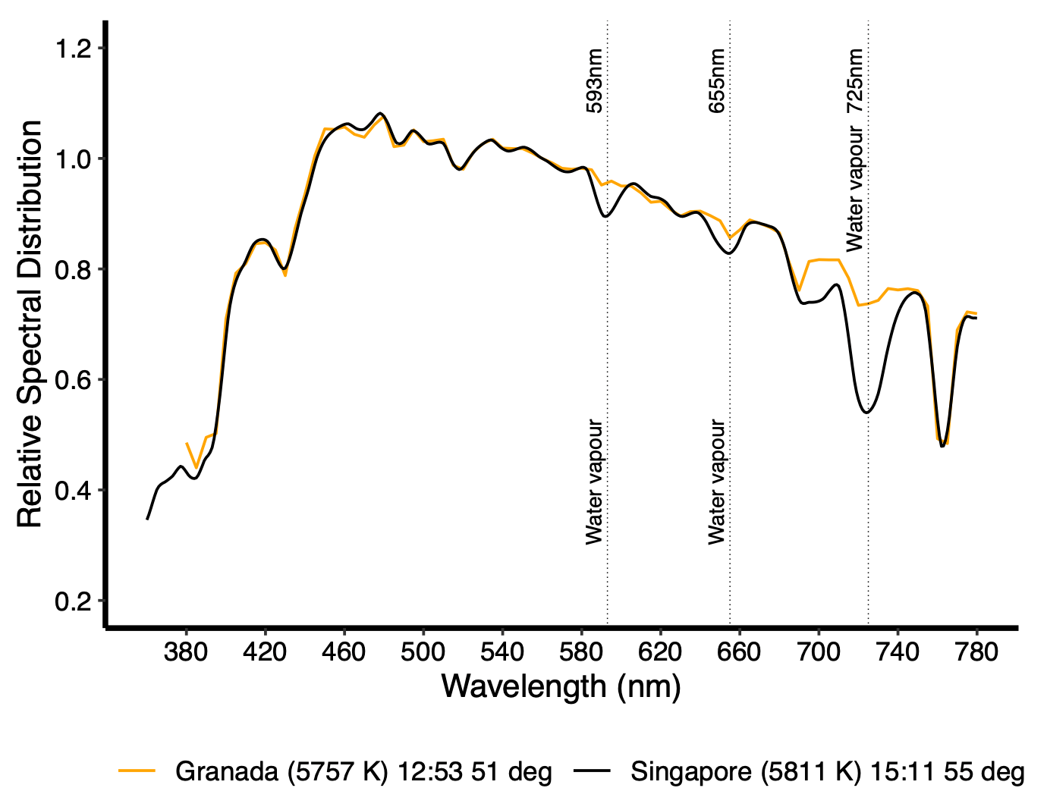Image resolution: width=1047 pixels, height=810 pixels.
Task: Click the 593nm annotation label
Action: tap(595, 81)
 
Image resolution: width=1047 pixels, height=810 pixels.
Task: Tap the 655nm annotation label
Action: tap(717, 81)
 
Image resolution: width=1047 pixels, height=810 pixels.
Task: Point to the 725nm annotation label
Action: tap(855, 81)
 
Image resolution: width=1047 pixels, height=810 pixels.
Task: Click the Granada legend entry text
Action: tap(363, 772)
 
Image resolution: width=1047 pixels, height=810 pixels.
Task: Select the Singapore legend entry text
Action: tap(828, 772)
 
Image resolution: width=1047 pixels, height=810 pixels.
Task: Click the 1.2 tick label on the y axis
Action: tap(74, 49)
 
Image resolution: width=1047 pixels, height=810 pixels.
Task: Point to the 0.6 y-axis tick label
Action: tap(74, 380)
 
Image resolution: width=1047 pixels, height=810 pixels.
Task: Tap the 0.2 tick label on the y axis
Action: tap(74, 601)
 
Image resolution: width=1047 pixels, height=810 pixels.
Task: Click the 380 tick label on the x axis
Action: tap(186, 651)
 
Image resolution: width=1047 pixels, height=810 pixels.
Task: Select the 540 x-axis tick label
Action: tap(502, 651)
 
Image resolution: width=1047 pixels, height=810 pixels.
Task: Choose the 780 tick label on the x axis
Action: tap(976, 651)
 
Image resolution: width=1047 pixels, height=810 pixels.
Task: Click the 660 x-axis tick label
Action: tap(740, 651)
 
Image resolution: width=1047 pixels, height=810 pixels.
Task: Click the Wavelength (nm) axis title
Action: tap(561, 687)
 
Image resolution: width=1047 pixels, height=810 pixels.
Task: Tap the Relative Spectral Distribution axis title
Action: tap(30, 324)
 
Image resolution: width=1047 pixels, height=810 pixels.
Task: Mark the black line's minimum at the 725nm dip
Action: tap(866, 413)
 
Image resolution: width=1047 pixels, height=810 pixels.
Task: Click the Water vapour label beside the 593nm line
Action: tap(594, 482)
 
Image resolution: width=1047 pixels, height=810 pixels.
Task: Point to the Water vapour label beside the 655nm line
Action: tap(717, 482)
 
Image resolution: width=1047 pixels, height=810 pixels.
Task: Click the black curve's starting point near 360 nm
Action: tap(147, 519)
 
